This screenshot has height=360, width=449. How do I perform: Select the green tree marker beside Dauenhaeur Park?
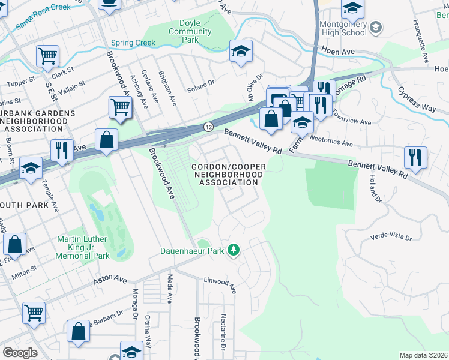235,250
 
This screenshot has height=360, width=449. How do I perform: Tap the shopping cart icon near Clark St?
47,56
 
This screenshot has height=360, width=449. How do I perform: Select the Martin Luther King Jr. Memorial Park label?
83,248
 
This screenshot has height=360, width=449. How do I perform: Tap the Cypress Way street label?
416,99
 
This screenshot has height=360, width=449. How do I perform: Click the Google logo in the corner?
20,353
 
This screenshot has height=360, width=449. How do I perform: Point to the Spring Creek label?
133,43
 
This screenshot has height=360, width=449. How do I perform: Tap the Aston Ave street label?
110,280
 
